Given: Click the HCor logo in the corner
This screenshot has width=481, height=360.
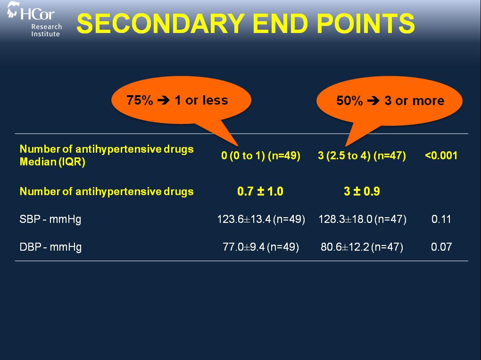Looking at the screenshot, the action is click(34, 19).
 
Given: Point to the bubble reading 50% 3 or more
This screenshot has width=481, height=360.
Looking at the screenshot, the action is click(390, 101).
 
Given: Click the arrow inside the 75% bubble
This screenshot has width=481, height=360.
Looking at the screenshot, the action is click(164, 100).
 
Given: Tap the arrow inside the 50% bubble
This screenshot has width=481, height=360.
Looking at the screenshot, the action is click(373, 100).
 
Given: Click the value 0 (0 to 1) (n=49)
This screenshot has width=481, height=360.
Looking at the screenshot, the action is click(261, 155).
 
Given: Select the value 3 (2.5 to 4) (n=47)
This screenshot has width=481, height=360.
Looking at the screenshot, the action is click(362, 155).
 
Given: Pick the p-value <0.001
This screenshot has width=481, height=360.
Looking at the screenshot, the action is click(441, 155).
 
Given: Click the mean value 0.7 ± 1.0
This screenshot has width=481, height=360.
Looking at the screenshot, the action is click(260, 191).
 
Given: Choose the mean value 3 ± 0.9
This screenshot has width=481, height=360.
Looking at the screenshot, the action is click(362, 191).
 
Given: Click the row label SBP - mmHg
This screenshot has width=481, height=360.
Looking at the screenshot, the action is click(50, 220).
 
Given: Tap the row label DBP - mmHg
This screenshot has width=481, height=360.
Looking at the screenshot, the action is click(50, 247).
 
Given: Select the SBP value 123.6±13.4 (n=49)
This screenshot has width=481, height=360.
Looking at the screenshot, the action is click(261, 219).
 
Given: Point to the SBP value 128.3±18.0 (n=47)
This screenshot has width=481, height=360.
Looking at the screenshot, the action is click(362, 219).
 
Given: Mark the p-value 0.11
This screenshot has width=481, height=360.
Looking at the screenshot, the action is click(441, 219).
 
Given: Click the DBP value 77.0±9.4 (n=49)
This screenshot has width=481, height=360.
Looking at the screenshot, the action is click(261, 247).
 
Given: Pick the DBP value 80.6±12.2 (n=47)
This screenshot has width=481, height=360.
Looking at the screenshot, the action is click(362, 247).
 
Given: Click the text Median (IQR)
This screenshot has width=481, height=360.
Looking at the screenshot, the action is click(52, 162).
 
